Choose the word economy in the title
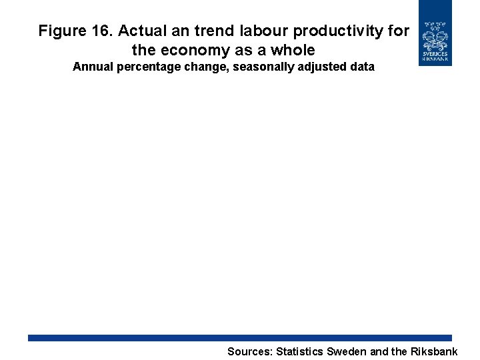coord(195,50)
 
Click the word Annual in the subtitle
coord(92,67)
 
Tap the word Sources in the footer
coord(249,351)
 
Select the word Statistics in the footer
coord(299,351)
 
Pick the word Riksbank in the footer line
coord(435,351)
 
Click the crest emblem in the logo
coord(435,35)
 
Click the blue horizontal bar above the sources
coord(240,338)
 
